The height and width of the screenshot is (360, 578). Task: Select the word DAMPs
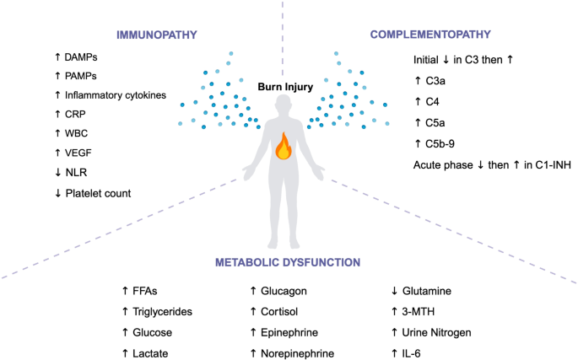pyautogui.click(x=79, y=56)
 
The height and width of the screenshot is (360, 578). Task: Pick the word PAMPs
pyautogui.click(x=78, y=76)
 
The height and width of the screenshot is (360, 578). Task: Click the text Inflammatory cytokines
pyautogui.click(x=119, y=95)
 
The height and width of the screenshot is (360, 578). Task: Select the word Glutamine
pyautogui.click(x=428, y=292)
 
